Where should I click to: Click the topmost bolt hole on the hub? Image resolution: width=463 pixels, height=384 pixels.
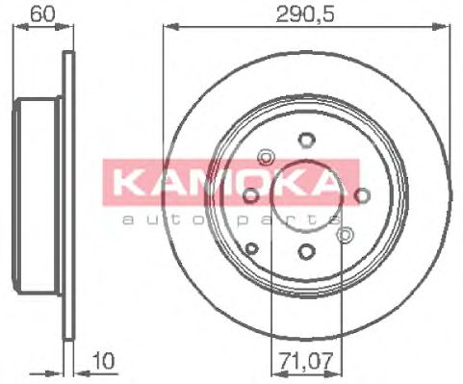coord(306,138)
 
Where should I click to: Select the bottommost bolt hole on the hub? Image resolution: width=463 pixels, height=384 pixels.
coord(306,252)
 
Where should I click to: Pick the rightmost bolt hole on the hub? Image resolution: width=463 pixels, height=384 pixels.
coord(363,195)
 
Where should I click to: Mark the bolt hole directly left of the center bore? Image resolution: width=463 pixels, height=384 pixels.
coord(249,195)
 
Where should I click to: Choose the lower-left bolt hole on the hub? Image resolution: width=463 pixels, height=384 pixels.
coord(252,249)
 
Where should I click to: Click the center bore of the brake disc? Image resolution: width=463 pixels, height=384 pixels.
coord(306,195)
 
